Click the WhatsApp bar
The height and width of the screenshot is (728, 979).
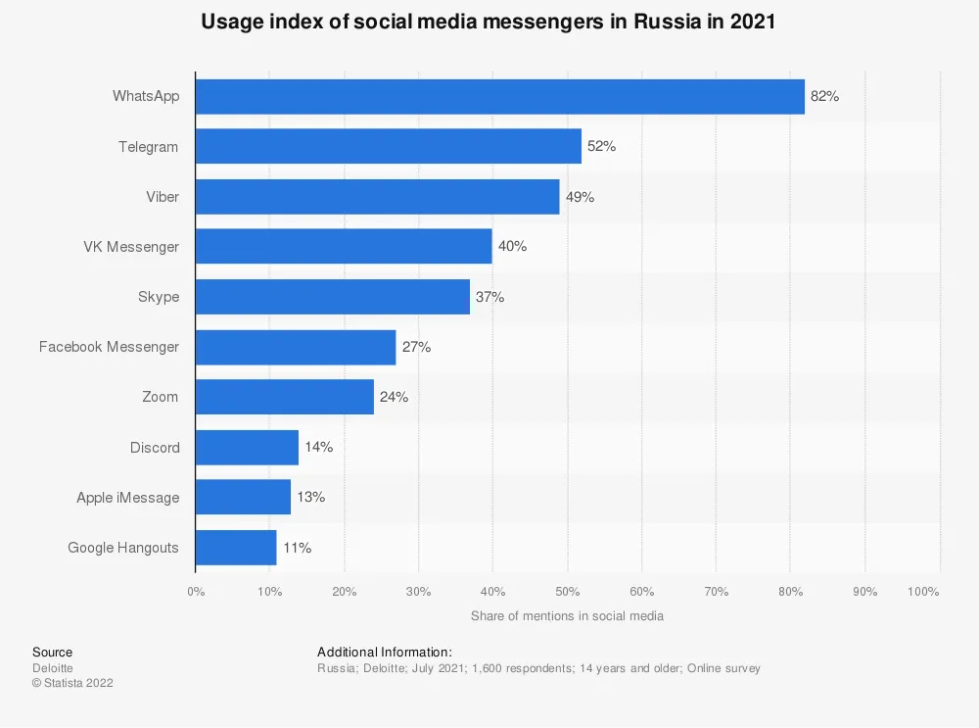click(x=499, y=96)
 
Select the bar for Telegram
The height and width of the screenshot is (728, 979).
click(x=388, y=146)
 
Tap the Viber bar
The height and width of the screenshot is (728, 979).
click(x=377, y=197)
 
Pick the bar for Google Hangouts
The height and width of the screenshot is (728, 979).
click(x=236, y=548)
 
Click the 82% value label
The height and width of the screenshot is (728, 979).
click(x=824, y=96)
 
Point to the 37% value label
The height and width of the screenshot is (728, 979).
click(x=489, y=297)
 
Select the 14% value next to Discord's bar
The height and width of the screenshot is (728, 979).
click(x=318, y=447)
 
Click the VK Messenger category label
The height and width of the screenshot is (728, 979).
click(x=131, y=247)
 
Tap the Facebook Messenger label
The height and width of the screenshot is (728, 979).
click(x=109, y=347)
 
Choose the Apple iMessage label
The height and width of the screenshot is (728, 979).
click(x=127, y=498)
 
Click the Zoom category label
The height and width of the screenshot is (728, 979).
click(x=160, y=397)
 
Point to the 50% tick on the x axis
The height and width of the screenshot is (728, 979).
click(x=567, y=592)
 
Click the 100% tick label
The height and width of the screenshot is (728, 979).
click(x=923, y=592)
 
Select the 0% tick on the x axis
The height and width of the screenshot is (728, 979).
click(x=196, y=592)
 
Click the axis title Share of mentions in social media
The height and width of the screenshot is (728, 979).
click(x=567, y=616)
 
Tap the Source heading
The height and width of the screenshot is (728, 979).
click(x=52, y=653)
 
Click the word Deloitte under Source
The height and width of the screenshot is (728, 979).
click(x=53, y=668)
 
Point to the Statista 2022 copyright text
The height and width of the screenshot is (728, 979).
click(x=72, y=683)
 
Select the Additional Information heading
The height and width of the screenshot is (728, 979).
click(x=384, y=653)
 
